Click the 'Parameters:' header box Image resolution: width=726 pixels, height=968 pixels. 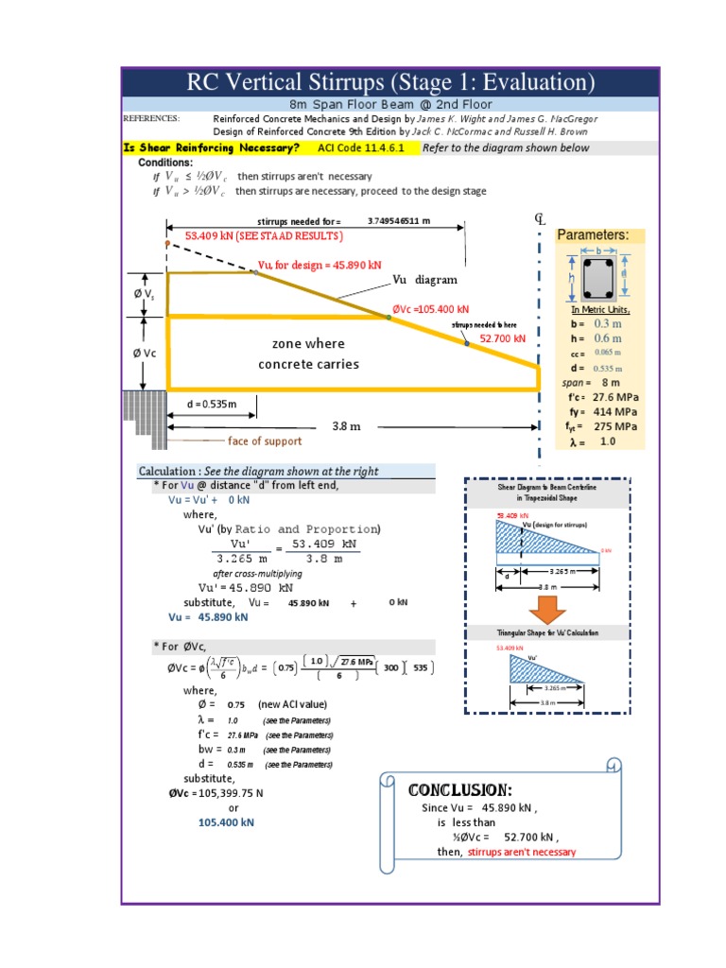tap(593, 234)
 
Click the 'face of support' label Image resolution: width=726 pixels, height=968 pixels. tap(265, 441)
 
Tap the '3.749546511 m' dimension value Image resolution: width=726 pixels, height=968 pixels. tap(399, 221)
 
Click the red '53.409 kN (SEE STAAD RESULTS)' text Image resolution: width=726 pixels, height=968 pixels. tap(264, 235)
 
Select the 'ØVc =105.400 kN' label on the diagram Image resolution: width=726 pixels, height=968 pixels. tap(430, 309)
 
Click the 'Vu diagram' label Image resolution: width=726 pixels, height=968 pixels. tap(425, 280)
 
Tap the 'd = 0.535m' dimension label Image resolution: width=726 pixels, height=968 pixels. tap(211, 405)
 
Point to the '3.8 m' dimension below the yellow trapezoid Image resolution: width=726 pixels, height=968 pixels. tap(347, 426)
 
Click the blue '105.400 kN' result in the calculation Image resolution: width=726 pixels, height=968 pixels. tap(226, 822)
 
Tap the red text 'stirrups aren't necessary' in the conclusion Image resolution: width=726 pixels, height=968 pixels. tap(521, 852)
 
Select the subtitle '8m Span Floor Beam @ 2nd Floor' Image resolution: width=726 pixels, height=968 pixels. tap(389, 105)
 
